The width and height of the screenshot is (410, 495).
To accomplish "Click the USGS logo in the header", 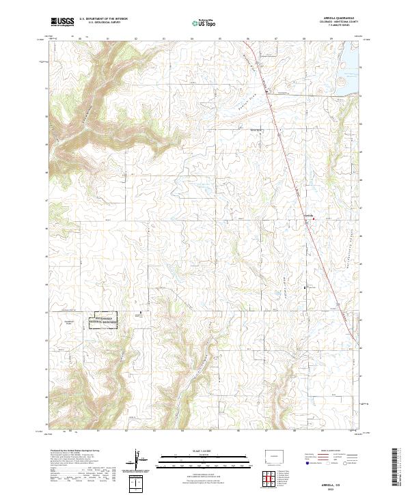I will tap(62, 23).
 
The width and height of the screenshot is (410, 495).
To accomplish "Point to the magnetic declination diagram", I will tap(139, 460).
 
